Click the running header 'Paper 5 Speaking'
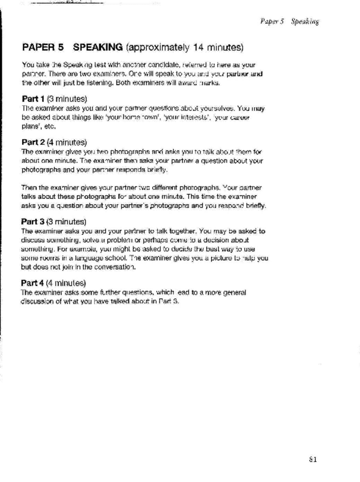tap(289, 22)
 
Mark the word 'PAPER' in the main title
tap(38, 45)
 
